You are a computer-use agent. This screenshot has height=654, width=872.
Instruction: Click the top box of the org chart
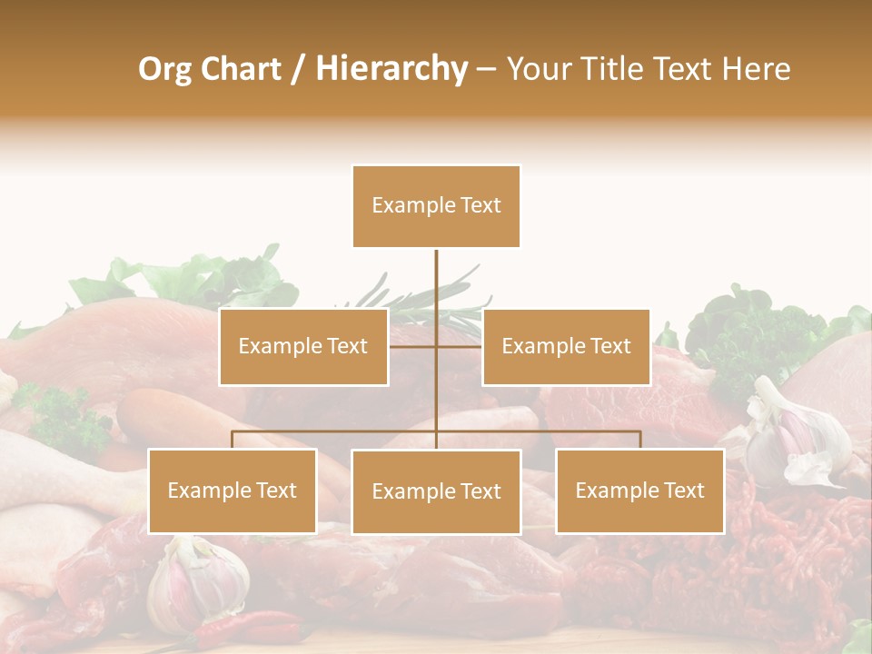(436, 206)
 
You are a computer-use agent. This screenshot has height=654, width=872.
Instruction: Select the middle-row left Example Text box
(303, 347)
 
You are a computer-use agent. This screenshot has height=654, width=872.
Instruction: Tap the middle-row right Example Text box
(566, 347)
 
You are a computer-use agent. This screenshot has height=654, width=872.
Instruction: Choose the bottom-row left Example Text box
(232, 490)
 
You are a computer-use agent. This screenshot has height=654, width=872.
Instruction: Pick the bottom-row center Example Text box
(436, 491)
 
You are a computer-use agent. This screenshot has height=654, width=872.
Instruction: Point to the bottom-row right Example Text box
(639, 490)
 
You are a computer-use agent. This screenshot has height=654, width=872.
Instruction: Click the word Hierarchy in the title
(391, 69)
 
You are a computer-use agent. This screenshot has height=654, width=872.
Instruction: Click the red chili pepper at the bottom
(263, 626)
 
